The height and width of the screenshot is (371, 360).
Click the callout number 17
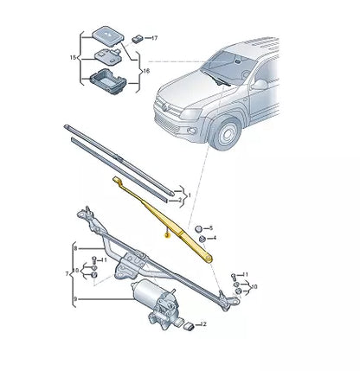[x=155, y=39]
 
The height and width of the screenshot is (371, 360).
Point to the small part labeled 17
[x=139, y=39]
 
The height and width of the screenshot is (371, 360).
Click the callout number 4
[x=214, y=237]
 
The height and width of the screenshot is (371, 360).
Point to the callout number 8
[x=75, y=247]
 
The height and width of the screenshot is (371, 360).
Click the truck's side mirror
[x=258, y=85]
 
